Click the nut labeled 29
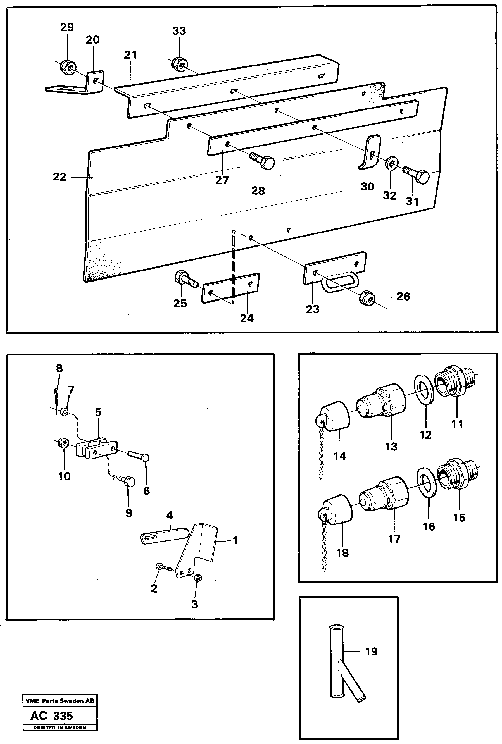[68, 66]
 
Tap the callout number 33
[179, 31]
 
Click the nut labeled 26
[367, 299]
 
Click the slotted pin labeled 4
[163, 535]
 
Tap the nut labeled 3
[197, 578]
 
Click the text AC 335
[52, 716]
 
